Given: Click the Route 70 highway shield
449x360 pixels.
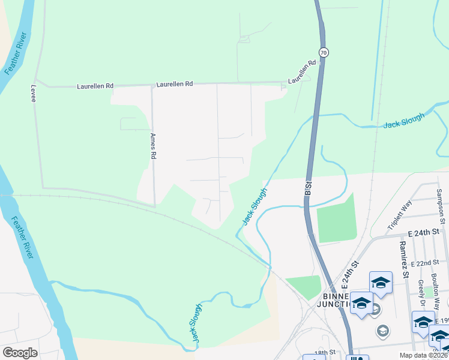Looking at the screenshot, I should pos(324,52).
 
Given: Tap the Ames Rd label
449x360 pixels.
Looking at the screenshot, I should pos(154,146).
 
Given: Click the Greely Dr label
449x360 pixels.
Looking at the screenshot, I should pos(421,288).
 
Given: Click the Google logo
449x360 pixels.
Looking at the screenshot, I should pos(20,352).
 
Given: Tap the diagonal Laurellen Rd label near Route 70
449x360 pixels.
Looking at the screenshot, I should pos(302,72).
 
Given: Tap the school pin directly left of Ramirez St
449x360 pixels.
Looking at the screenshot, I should pos(381,283).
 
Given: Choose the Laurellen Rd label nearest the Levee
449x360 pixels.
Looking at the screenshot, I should pos(95,86).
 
